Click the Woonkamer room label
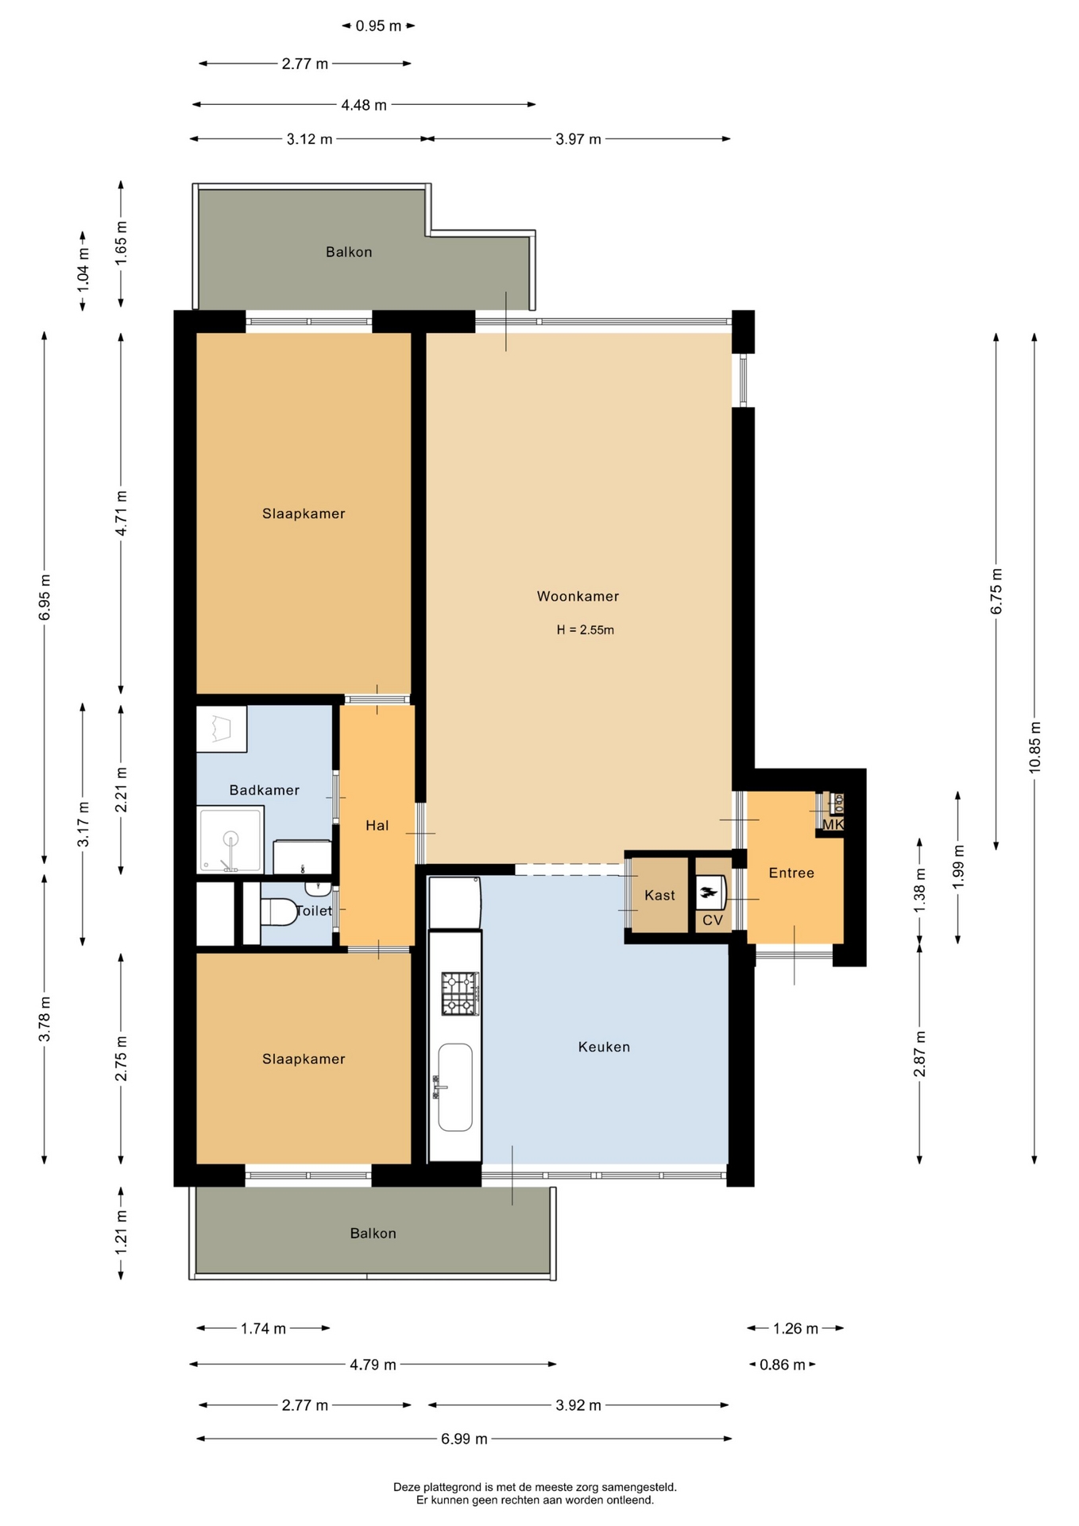point(578,596)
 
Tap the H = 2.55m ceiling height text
point(586,630)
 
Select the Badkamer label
point(265,790)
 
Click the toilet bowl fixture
point(277,912)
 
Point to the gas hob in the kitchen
point(460,993)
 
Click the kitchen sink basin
point(455,1087)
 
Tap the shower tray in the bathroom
point(230,839)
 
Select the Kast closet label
point(659,895)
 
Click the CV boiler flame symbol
point(709,892)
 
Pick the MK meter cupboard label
point(833,825)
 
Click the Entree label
point(791,873)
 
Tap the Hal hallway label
point(377,826)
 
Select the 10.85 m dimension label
point(1035,747)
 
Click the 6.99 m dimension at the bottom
point(464,1439)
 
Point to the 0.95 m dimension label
point(378,25)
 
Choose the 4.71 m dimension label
point(121,513)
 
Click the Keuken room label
point(604,1047)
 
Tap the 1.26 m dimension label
point(795,1328)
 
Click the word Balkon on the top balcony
point(349,252)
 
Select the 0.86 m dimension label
point(783,1365)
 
